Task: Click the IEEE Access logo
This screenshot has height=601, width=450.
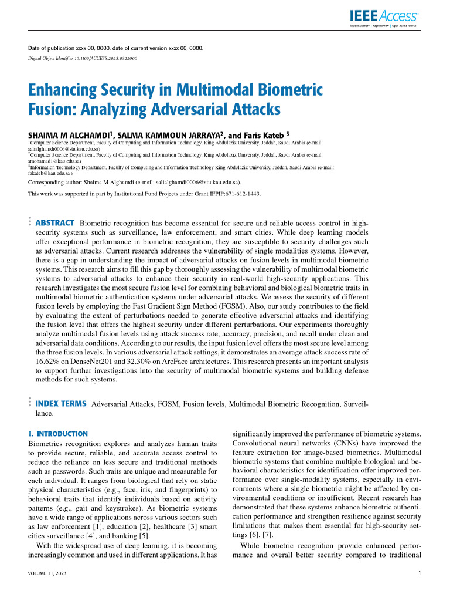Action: pyautogui.click(x=384, y=17)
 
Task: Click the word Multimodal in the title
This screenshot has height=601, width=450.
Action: pyautogui.click(x=238, y=91)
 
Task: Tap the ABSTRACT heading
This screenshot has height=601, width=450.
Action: pyautogui.click(x=55, y=223)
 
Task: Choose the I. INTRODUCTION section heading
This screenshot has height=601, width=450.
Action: pyautogui.click(x=58, y=434)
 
